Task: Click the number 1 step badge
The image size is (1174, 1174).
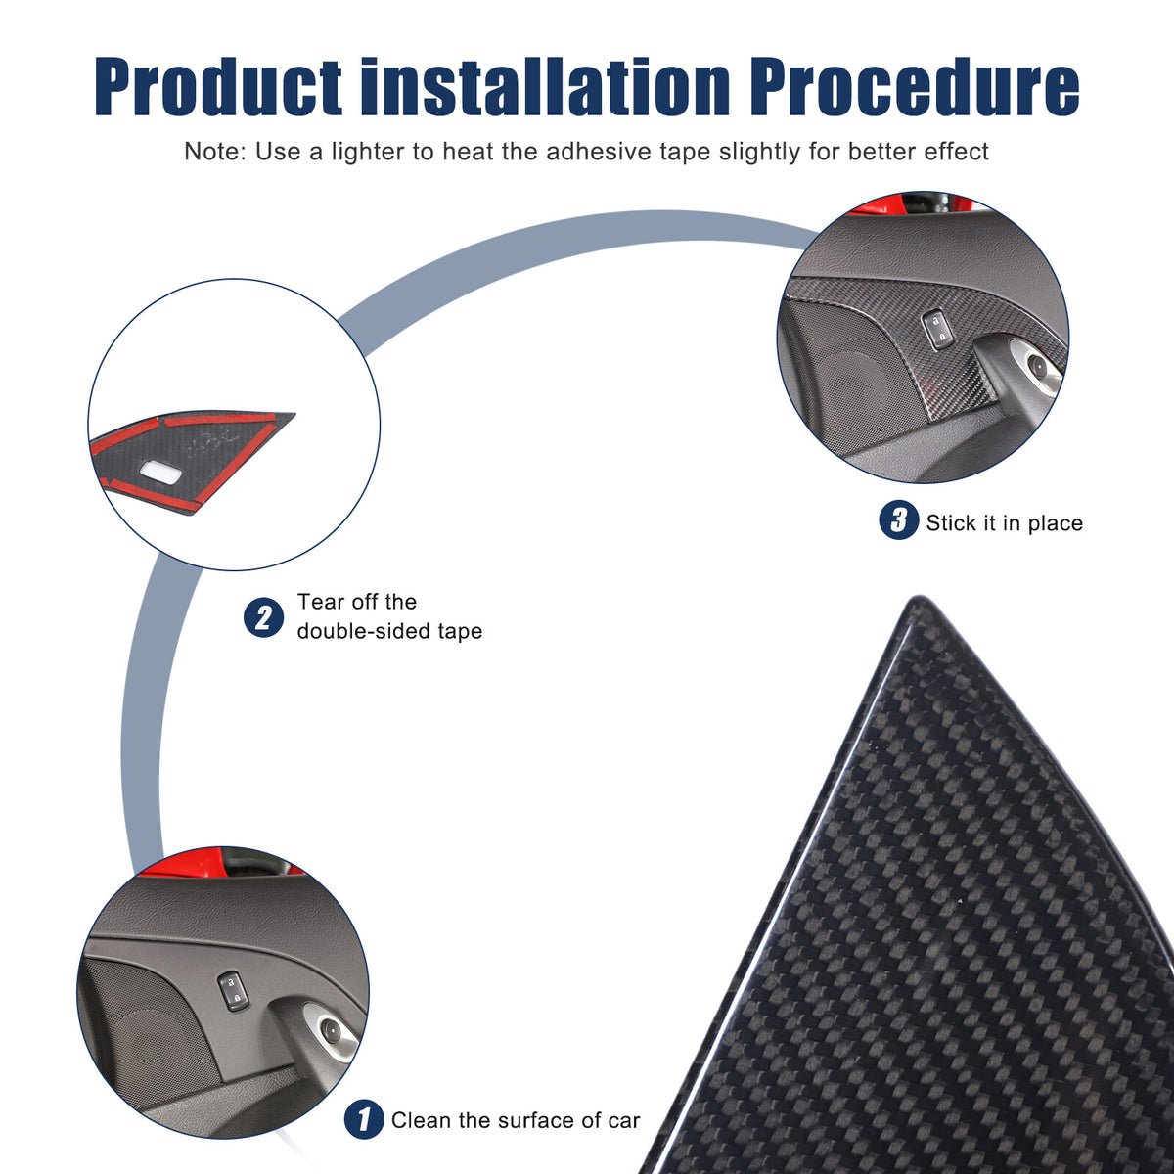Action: coord(364,1119)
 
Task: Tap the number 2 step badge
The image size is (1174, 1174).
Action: coord(263,617)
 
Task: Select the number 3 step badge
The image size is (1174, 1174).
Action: coord(899,519)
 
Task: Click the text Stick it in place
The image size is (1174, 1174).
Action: coord(1004,523)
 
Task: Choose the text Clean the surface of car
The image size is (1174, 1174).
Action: coord(516,1120)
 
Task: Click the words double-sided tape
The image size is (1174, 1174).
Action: coord(390,631)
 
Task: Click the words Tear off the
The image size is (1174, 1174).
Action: coord(357,602)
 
